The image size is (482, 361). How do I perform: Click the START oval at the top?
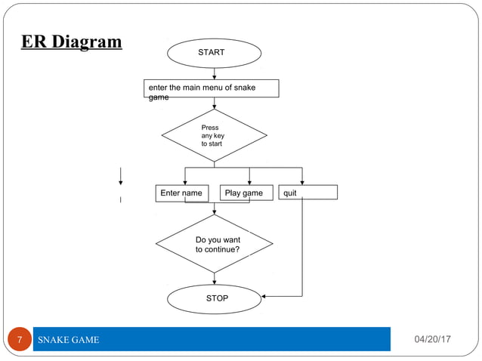[215, 54]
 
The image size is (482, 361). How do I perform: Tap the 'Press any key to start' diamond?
[214, 135]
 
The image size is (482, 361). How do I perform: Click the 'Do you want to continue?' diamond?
[215, 244]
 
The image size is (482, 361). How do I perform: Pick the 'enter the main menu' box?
[212, 89]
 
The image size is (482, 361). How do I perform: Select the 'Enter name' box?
[181, 193]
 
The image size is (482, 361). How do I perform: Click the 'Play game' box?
[244, 193]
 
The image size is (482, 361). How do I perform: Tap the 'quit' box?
[308, 193]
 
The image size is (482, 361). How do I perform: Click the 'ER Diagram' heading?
[71, 42]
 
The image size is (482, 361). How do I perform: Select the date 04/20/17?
[432, 340]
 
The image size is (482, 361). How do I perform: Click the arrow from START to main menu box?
[215, 74]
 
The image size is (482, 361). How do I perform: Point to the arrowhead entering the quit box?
[302, 181]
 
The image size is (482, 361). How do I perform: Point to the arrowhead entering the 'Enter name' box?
[185, 181]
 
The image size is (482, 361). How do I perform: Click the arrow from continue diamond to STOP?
[215, 279]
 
